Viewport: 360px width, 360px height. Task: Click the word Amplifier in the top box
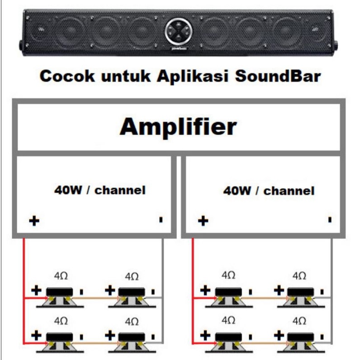pos(178,127)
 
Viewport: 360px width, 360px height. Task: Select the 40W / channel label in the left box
pos(100,190)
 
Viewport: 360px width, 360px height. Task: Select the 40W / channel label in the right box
pos(269,191)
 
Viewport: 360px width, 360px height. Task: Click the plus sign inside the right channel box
pos(204,221)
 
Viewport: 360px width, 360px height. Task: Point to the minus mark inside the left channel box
pos(161,220)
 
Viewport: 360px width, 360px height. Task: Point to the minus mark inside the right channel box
pos(330,220)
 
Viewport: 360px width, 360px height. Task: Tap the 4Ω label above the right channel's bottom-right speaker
pos(299,321)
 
